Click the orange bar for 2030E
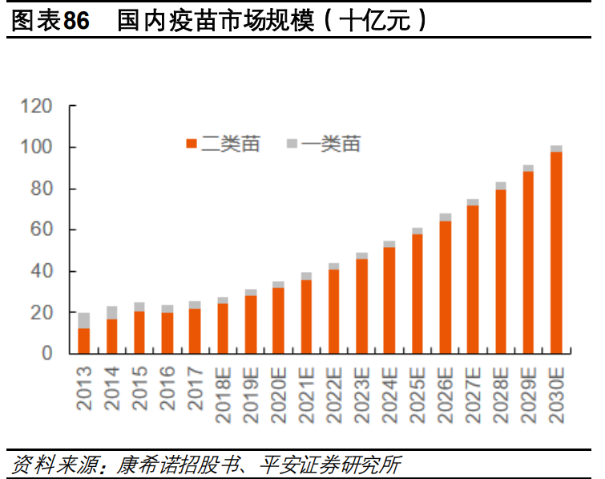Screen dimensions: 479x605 (x=556, y=253)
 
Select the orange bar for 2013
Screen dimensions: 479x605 (x=84, y=341)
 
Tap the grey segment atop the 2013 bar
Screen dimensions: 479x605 (x=84, y=320)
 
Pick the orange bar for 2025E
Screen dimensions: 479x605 (x=417, y=294)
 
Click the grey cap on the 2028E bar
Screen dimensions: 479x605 (x=501, y=185)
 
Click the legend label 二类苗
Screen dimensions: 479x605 (x=230, y=144)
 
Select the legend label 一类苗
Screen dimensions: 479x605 (x=331, y=144)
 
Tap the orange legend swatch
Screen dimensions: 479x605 (x=192, y=144)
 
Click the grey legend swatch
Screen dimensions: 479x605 (x=292, y=144)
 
